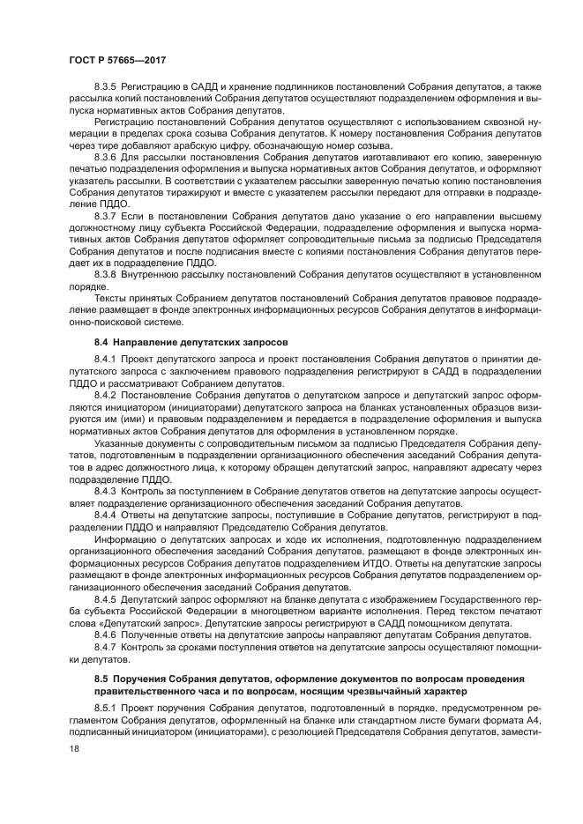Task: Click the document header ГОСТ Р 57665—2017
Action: [x=117, y=58]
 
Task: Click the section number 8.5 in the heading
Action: [x=103, y=679]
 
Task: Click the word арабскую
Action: [x=252, y=145]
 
